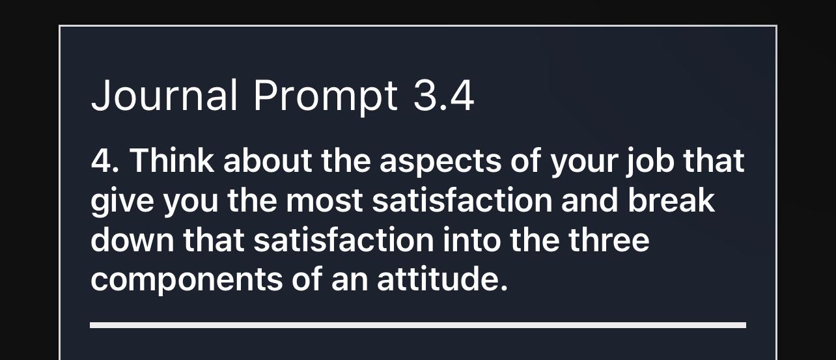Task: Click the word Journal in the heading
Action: coord(164,95)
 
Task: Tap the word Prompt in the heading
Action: coord(326,98)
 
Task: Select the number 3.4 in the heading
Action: coord(444,95)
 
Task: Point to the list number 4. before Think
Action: coord(105,161)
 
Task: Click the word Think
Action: coord(172,160)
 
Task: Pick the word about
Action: coord(268,160)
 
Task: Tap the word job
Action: coord(650,163)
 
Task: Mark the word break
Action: coord(671,200)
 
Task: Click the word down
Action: coord(132,240)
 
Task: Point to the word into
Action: coord(472,240)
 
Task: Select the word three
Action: coord(609,240)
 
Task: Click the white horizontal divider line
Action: coord(418,325)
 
